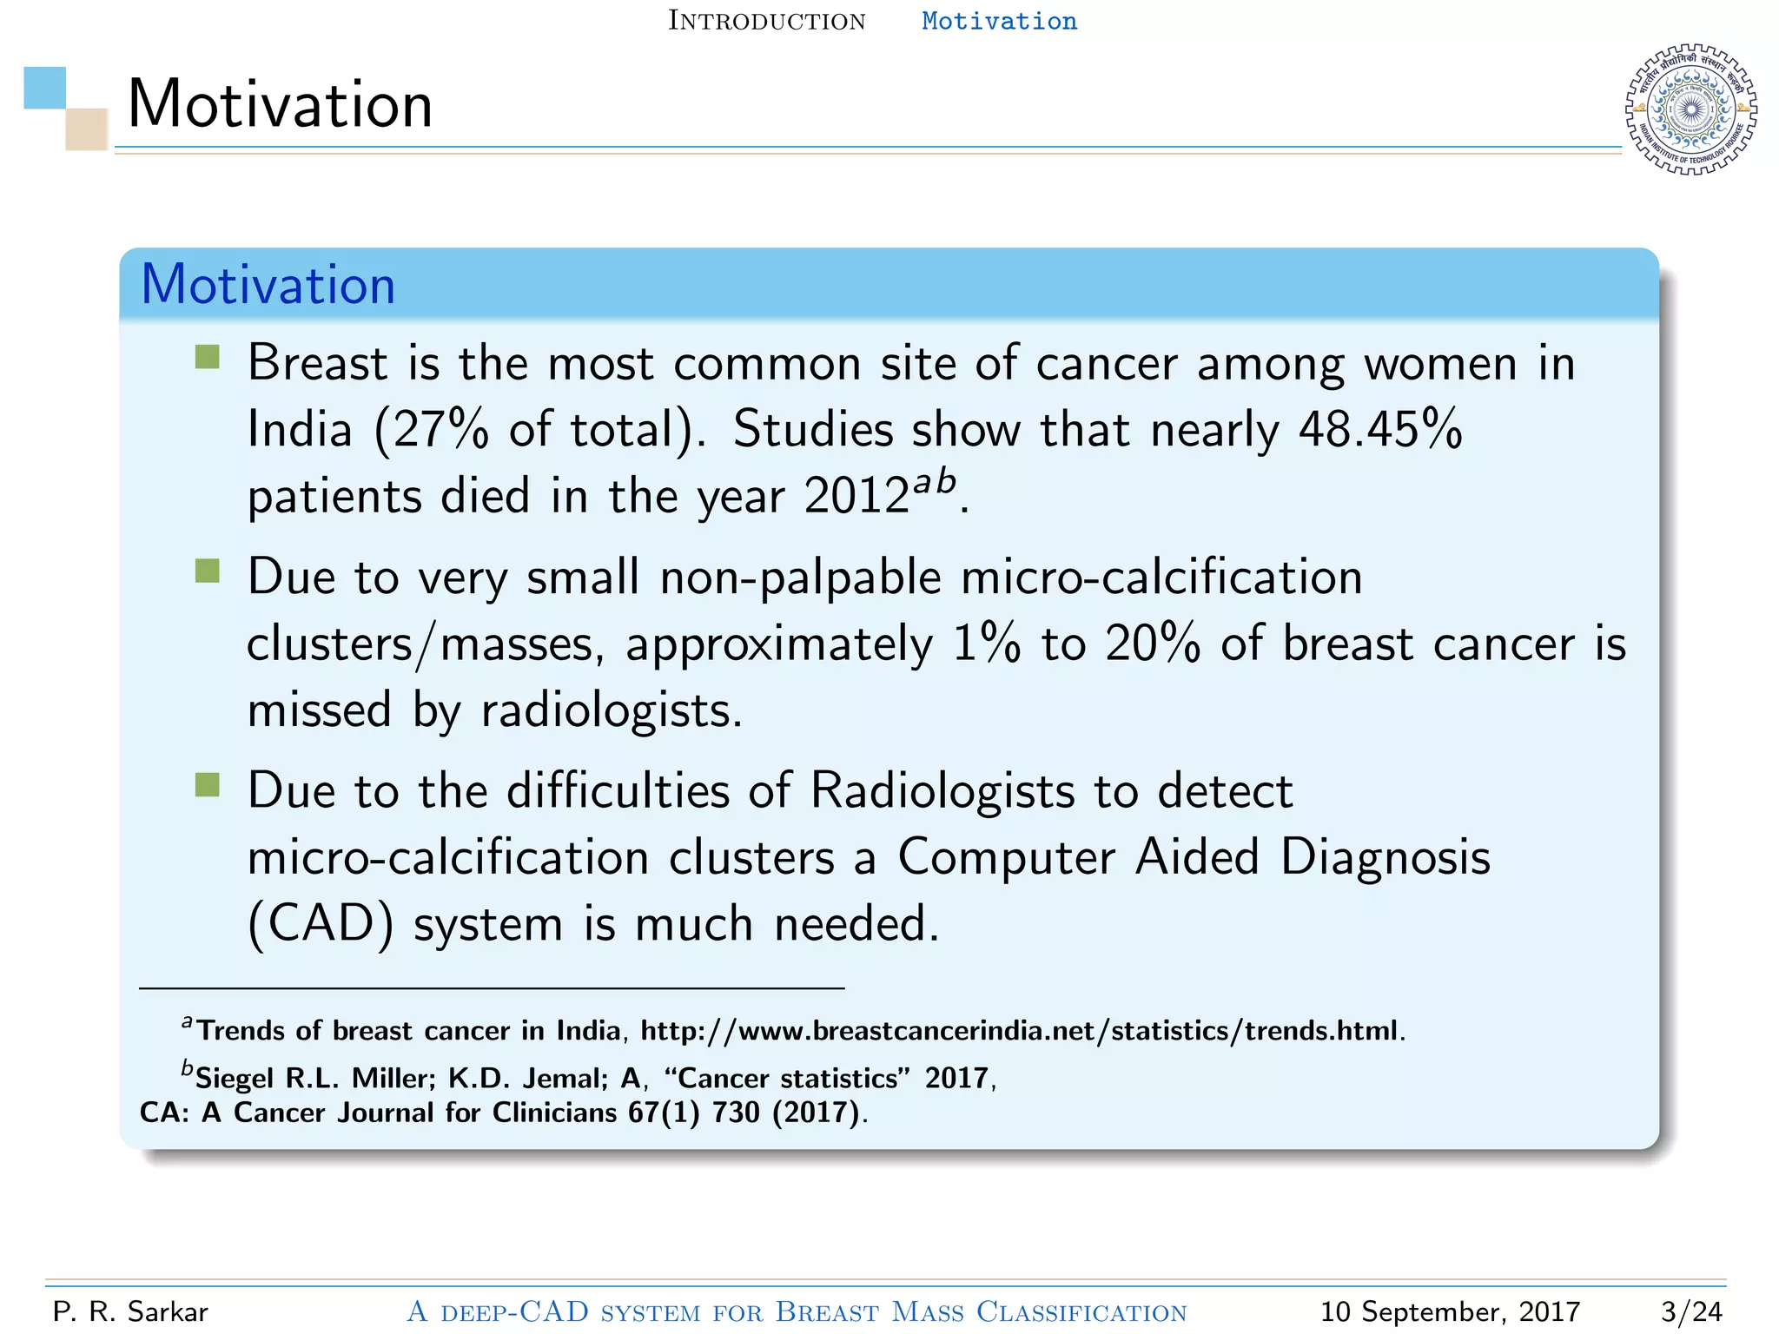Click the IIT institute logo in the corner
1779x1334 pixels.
coord(1690,109)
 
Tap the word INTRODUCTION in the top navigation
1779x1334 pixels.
coord(766,21)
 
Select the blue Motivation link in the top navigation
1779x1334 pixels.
coord(999,21)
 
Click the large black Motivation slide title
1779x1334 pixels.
coord(280,104)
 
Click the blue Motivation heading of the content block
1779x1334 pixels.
coord(268,285)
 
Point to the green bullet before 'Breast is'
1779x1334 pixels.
coord(208,357)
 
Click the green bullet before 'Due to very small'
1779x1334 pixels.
coord(208,571)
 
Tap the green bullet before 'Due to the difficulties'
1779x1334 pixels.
coord(208,785)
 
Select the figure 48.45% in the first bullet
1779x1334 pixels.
coord(1379,429)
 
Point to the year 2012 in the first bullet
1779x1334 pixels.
coord(856,497)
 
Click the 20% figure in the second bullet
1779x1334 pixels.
coord(1152,644)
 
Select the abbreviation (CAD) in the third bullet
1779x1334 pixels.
coord(321,924)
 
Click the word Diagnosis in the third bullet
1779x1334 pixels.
coord(1385,857)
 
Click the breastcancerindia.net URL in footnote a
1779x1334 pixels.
coord(1022,1031)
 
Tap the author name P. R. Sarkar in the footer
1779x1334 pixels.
coord(130,1311)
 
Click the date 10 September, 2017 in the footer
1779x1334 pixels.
coord(1449,1311)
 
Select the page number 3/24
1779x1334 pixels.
coord(1690,1311)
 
